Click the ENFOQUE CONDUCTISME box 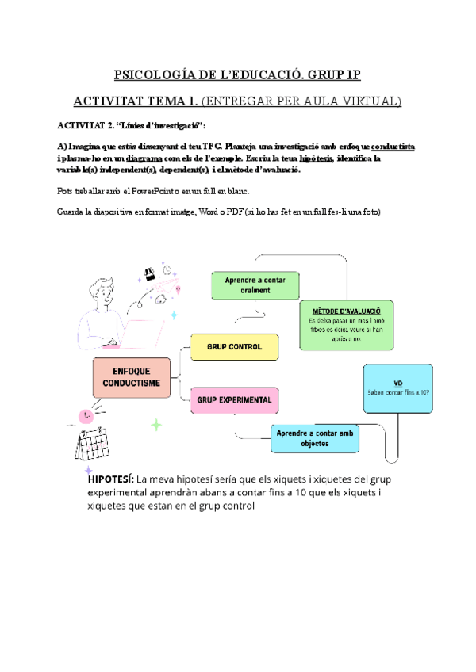131,377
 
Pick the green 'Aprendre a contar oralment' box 255,285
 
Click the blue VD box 398,388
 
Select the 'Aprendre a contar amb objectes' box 313,438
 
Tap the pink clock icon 84,415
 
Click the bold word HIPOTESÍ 110,479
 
